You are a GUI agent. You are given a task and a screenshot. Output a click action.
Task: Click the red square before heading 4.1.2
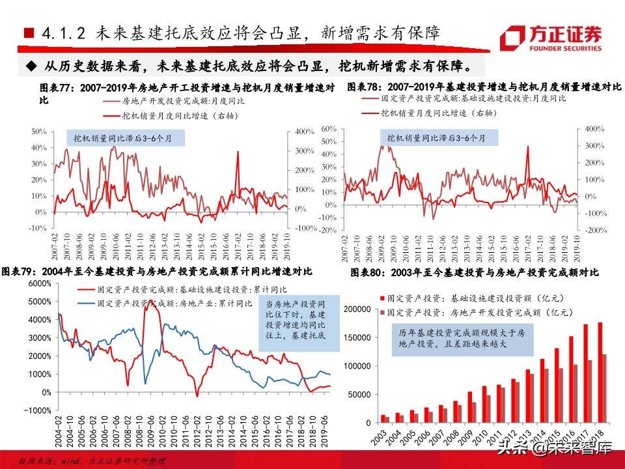pos(28,33)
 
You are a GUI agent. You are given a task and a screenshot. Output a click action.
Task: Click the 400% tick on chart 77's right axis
pos(305,132)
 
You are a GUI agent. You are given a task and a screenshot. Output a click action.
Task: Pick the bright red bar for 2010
pos(484,404)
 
